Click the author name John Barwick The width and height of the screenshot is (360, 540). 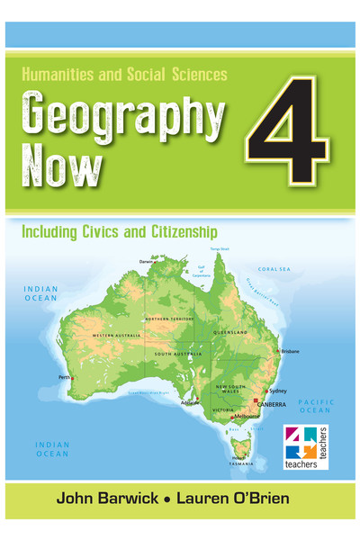point(106,498)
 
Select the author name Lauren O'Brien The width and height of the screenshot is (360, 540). point(248,498)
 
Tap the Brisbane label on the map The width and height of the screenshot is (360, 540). point(289,352)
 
